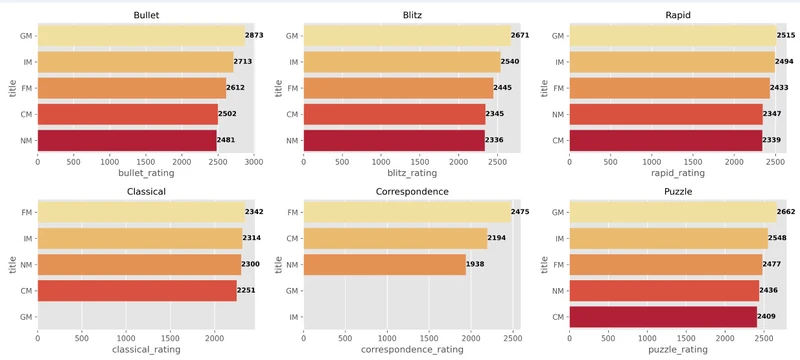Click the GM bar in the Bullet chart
[140, 36]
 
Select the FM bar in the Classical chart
[140, 212]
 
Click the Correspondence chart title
[412, 190]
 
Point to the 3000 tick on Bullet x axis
[253, 160]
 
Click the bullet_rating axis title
[145, 173]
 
